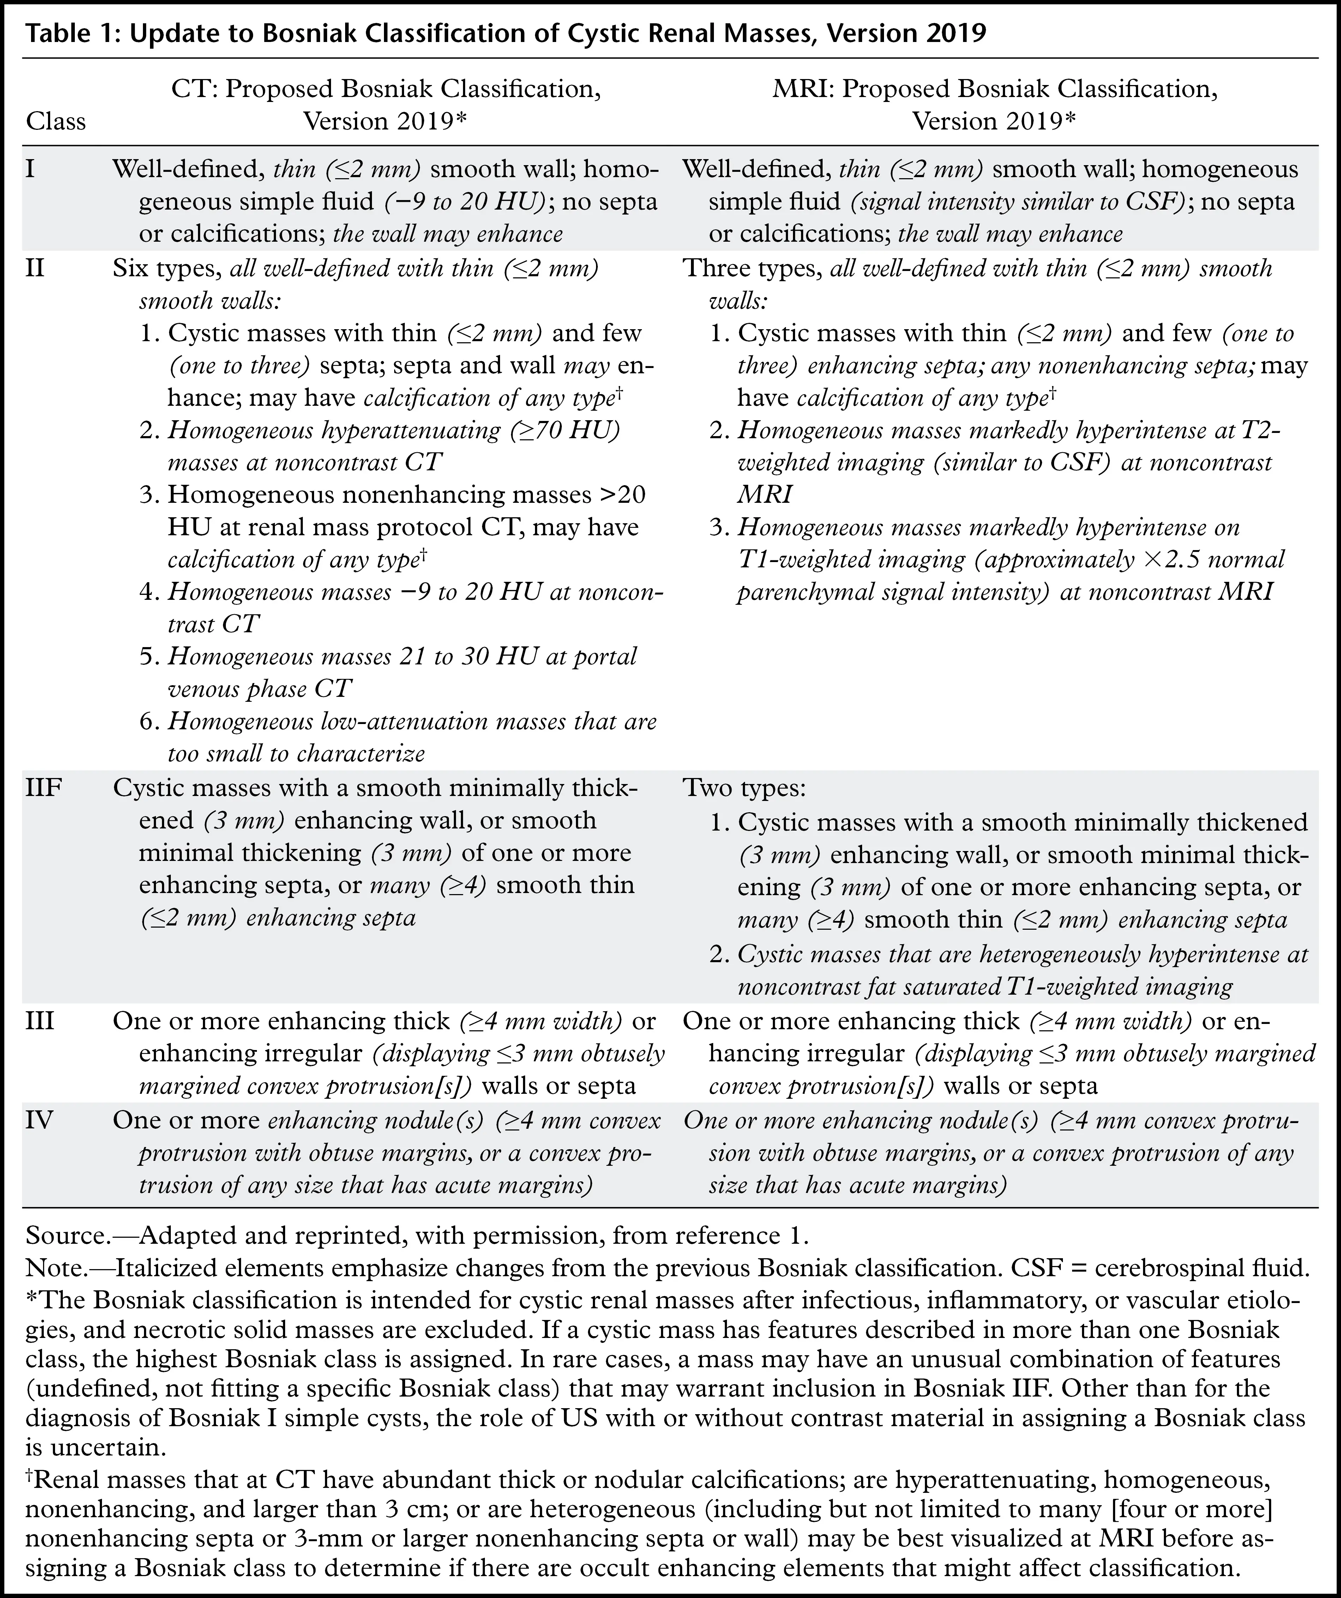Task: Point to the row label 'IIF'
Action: pyautogui.click(x=43, y=788)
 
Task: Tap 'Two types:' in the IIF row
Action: pyautogui.click(x=744, y=788)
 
